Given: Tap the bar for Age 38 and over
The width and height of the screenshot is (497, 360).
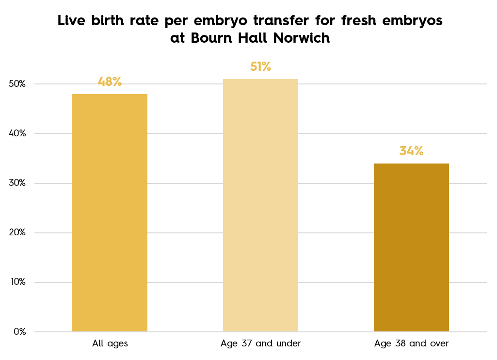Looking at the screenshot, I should click(x=411, y=247).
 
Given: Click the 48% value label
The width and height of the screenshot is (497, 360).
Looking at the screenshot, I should click(x=110, y=82).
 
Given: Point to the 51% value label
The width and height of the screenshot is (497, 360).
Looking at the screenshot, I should click(x=260, y=66).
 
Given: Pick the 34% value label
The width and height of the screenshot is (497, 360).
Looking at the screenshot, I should click(x=411, y=151).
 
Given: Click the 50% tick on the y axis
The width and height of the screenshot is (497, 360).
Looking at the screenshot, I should click(x=17, y=84).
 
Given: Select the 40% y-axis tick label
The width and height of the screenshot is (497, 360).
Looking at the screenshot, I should click(x=17, y=133).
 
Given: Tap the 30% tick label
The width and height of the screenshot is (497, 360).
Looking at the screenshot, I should click(x=17, y=183).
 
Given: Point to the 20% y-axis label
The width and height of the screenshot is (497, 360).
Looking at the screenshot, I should click(x=17, y=233).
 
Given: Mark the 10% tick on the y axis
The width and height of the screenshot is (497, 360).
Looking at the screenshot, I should click(x=17, y=282).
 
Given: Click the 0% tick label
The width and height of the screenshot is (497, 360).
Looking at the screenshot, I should click(x=20, y=332).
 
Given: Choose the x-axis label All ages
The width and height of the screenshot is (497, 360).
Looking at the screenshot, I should click(x=110, y=344).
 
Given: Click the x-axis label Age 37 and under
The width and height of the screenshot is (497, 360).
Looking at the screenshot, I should click(x=261, y=344).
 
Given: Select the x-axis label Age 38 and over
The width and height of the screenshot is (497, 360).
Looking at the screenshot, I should click(x=412, y=344).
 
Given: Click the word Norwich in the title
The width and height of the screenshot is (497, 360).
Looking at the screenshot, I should click(x=302, y=38).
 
